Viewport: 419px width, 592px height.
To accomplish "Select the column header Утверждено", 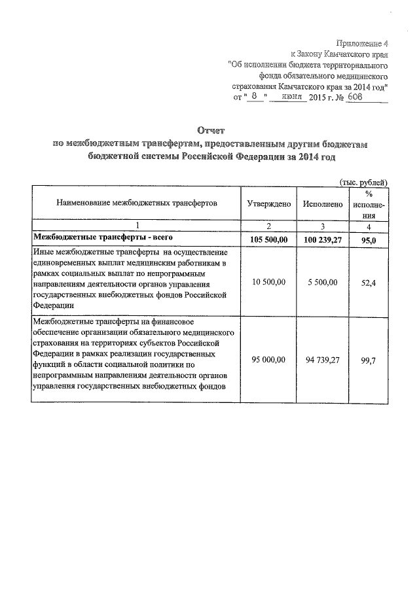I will click(268, 204).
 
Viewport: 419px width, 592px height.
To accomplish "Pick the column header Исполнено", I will click(323, 204).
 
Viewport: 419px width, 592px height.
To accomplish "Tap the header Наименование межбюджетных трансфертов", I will click(136, 203).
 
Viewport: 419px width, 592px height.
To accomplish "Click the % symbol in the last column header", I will click(369, 194).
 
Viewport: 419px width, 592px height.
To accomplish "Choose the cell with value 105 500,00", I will click(268, 240).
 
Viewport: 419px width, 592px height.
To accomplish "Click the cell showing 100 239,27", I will click(323, 240).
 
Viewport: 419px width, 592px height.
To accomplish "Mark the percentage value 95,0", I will click(370, 240).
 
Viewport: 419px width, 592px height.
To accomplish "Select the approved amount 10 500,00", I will click(268, 282).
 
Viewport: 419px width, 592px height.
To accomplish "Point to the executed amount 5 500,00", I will click(323, 282).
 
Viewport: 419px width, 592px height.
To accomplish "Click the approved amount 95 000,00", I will click(268, 359).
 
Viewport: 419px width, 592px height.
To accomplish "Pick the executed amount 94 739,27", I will click(323, 359).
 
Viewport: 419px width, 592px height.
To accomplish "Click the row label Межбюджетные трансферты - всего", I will click(98, 237).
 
